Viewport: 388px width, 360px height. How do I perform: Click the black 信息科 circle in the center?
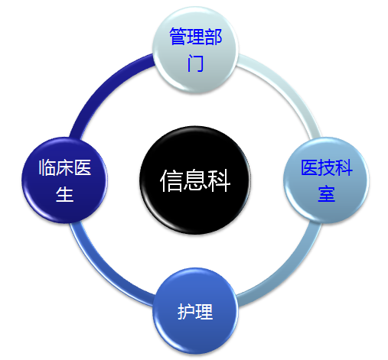pos(195,180)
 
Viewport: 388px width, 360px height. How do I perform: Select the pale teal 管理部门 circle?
pos(195,50)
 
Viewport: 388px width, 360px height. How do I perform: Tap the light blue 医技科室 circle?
pos(326,180)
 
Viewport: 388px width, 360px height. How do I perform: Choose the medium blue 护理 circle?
pos(195,311)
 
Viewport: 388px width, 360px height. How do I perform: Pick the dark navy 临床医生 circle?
pos(64,180)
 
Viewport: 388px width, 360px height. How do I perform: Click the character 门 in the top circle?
pos(195,63)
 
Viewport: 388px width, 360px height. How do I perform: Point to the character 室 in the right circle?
pos(326,194)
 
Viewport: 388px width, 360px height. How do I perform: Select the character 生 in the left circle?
pos(65,194)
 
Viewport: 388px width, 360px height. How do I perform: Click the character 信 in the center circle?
pos(171,180)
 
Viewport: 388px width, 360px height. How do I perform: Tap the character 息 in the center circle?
pos(195,180)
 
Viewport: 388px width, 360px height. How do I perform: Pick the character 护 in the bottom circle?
pos(186,311)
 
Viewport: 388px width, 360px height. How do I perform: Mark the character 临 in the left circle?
pos(47,167)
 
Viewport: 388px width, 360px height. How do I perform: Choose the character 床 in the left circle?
pos(65,167)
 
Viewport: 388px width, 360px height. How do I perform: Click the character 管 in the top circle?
pos(178,37)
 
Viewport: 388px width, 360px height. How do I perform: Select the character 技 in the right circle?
pos(327,167)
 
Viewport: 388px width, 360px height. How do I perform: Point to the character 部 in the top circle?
pos(214,37)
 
